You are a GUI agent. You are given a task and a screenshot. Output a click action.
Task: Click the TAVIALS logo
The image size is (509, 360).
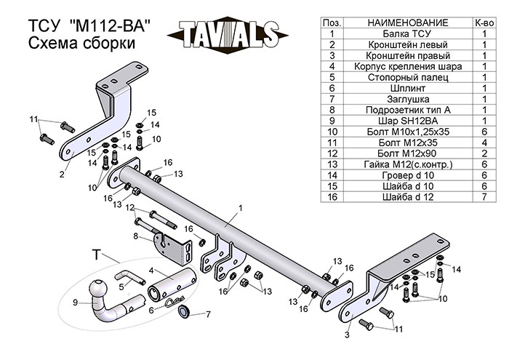click(225, 33)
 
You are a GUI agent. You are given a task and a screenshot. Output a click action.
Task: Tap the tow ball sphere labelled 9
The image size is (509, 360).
click(98, 290)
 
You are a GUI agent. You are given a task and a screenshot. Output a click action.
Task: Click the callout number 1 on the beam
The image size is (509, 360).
click(239, 208)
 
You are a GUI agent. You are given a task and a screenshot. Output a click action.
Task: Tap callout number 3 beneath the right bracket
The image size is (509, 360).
click(347, 335)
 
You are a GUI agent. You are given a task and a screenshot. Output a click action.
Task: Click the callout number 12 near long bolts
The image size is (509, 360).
click(129, 208)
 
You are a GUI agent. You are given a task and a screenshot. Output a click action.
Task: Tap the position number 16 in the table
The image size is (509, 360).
click(332, 196)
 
